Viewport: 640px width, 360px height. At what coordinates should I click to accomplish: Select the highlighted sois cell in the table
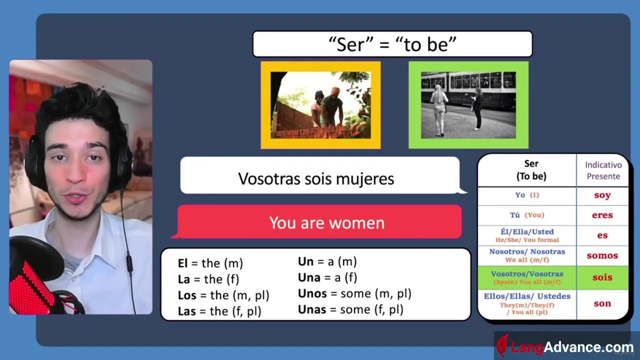point(602,277)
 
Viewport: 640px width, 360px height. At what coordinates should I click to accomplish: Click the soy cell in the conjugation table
point(602,195)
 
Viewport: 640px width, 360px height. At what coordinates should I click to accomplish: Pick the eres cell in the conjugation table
point(602,215)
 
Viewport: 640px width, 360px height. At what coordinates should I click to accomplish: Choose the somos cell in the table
point(602,255)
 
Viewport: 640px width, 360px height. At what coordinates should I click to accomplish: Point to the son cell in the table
point(602,303)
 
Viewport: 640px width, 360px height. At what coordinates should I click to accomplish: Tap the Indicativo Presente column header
point(603,170)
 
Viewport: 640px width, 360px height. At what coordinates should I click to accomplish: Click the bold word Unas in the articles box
point(312,309)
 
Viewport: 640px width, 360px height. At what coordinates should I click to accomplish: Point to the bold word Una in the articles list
point(309,277)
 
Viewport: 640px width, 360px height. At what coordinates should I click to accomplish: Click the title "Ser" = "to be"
point(392,44)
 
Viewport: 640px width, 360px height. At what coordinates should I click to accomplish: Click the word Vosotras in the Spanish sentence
point(269,179)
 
